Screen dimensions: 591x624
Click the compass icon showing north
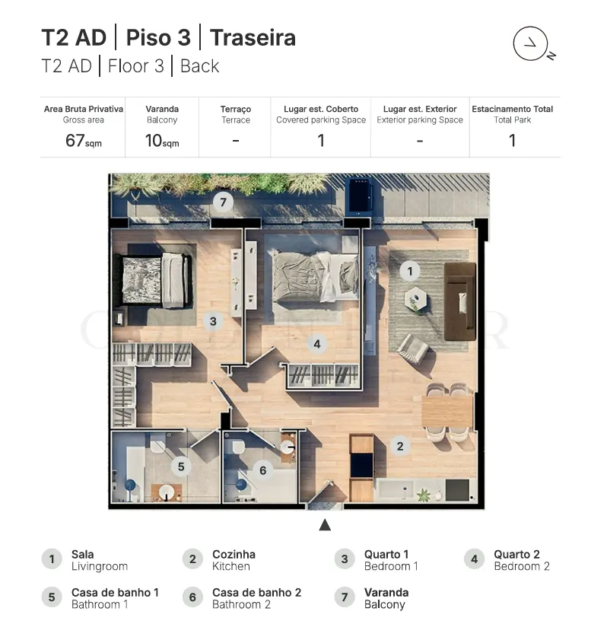pos(531,44)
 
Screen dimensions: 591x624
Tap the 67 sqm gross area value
pos(84,141)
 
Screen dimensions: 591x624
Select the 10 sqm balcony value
pos(162,141)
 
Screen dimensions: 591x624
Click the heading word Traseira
pos(253,38)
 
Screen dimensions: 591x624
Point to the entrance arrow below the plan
pos(325,525)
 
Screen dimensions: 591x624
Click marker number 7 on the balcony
pos(223,202)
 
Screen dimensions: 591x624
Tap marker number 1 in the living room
pos(410,272)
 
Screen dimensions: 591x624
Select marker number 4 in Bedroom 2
pos(317,344)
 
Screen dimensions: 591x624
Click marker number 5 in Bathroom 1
pos(181,466)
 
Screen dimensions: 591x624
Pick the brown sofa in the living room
pos(460,301)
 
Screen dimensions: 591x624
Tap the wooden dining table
pos(447,411)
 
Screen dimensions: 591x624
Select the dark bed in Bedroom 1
pos(153,281)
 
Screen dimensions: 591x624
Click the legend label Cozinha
pos(234,554)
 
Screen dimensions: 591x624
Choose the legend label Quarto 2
pos(516,554)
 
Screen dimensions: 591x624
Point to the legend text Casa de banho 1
pos(115,593)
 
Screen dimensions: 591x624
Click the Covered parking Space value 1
pos(321,141)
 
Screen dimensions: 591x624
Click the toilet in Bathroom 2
pos(238,447)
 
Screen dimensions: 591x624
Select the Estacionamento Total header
pos(512,109)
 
